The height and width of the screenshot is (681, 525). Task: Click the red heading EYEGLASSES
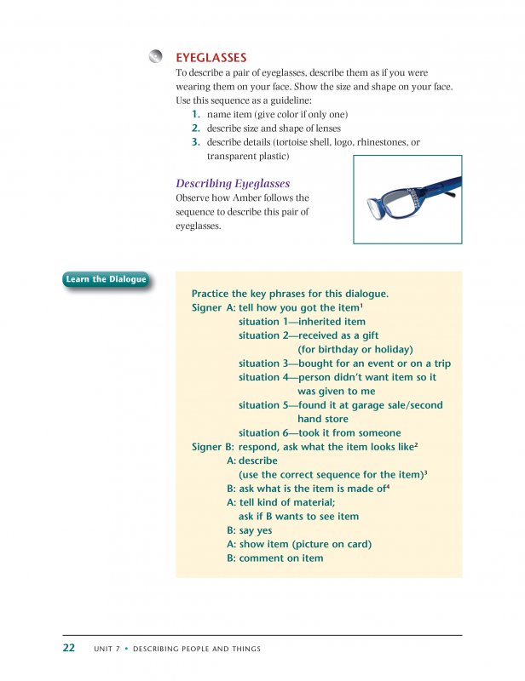[211, 58]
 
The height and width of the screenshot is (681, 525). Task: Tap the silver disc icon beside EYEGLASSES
[155, 57]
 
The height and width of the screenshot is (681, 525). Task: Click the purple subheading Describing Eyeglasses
[233, 183]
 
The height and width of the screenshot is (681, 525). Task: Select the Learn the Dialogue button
[106, 279]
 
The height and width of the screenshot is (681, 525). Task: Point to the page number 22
[69, 649]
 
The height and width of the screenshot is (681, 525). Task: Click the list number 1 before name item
[196, 114]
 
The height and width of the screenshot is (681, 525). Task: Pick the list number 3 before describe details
[196, 142]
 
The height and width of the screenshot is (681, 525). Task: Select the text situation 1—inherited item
[302, 322]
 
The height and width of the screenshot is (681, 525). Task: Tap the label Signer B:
[212, 447]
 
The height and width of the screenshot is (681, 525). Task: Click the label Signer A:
[212, 308]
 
